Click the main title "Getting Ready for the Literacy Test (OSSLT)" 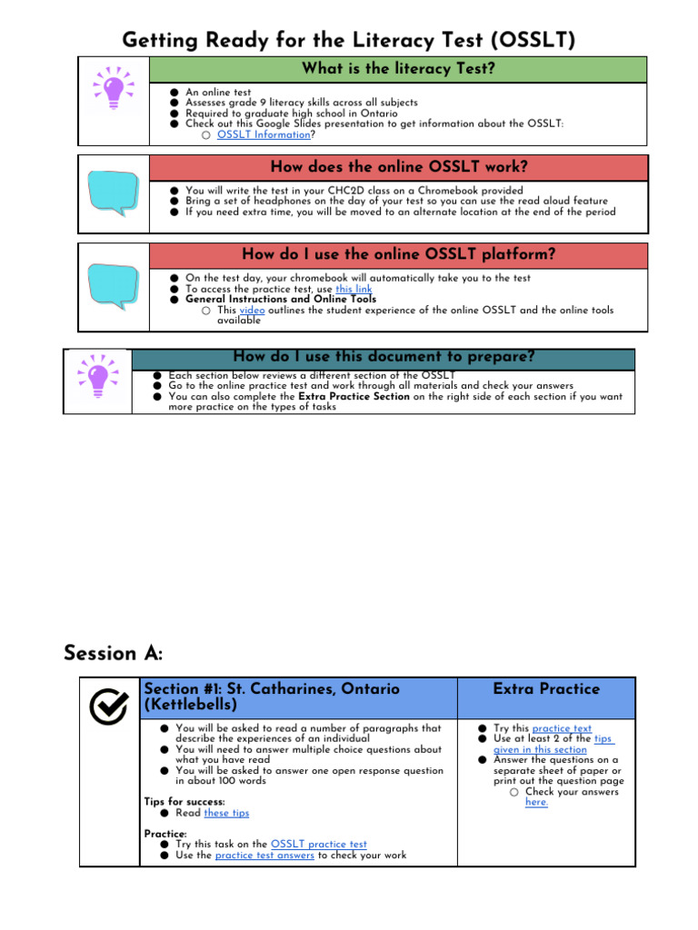pos(349,40)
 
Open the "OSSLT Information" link pos(264,134)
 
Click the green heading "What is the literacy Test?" pos(398,69)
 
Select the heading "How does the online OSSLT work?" pos(398,167)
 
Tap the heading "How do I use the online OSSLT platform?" pos(398,254)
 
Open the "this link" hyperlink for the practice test pos(354,289)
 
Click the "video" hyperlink pos(252,311)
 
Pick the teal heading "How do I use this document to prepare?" pos(383,357)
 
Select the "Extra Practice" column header pos(546,689)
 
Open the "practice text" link pos(562,728)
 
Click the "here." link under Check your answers pos(536,803)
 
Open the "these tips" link pos(226,813)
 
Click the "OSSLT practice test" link pos(319,845)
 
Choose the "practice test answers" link pos(264,856)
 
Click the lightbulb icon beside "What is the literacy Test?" pos(115,89)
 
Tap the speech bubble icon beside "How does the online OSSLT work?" pos(113,193)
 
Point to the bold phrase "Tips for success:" pos(184,801)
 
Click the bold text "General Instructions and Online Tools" pos(281,299)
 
